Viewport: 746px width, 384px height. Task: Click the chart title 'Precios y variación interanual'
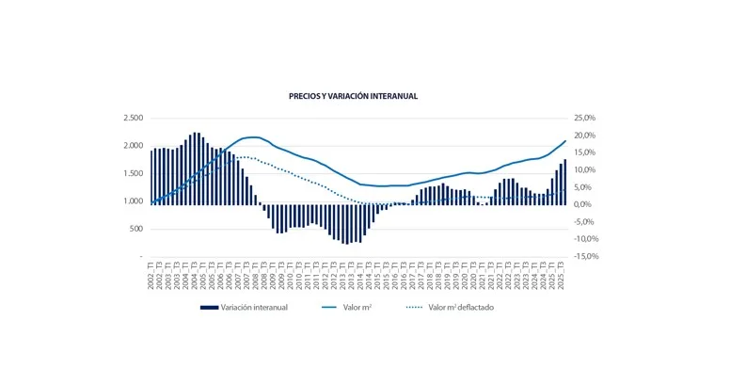pos(353,96)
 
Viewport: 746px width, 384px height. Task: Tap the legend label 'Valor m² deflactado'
pos(461,308)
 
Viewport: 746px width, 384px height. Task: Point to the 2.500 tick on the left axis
pos(133,119)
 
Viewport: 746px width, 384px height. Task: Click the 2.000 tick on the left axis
pos(133,146)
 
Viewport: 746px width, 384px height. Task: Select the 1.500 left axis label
pos(133,173)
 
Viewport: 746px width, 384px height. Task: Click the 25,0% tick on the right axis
pos(584,119)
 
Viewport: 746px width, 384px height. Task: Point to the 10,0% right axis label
pos(584,170)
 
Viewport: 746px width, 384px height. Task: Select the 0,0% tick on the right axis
pos(586,204)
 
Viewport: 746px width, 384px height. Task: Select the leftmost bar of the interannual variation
pos(151,177)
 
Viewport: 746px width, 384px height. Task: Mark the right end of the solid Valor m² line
pos(565,140)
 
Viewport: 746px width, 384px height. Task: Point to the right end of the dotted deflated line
pos(565,190)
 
